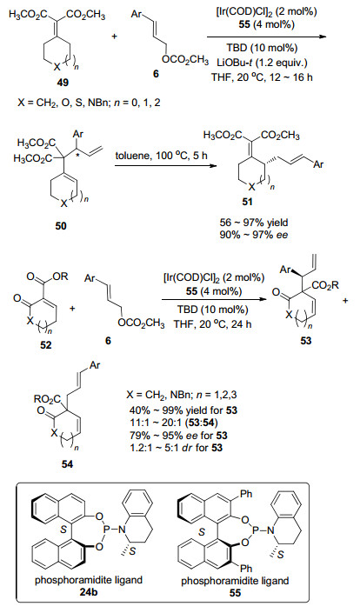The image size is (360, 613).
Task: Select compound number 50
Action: [60, 225]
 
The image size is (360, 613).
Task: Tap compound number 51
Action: [247, 202]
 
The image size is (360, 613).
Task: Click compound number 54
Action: [67, 464]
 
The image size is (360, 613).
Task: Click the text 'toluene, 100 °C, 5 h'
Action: [161, 155]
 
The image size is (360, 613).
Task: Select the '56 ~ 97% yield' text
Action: [254, 223]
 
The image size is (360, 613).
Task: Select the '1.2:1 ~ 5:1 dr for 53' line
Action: [176, 447]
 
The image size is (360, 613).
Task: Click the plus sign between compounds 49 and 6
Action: [116, 37]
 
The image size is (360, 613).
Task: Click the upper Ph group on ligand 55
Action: [247, 494]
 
